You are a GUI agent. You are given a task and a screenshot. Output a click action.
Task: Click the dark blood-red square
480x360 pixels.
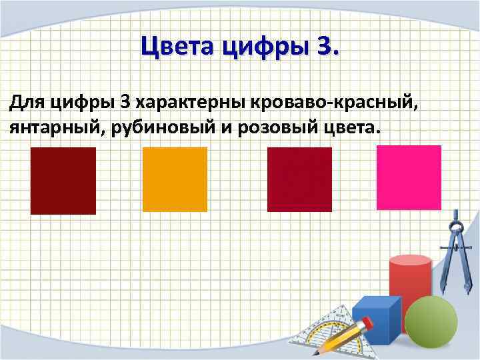click(x=63, y=181)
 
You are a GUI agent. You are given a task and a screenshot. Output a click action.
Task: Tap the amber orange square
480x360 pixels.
click(x=175, y=179)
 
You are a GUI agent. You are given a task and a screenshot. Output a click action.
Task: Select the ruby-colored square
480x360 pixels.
click(x=299, y=179)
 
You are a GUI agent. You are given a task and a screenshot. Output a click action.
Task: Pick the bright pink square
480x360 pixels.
click(x=409, y=177)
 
